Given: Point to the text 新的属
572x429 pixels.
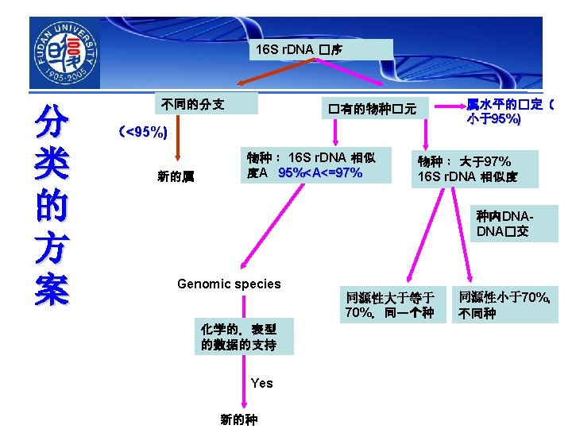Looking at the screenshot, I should pyautogui.click(x=176, y=176).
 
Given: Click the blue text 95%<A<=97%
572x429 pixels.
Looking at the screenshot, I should pyautogui.click(x=320, y=172).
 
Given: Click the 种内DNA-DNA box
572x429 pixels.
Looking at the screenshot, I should pyautogui.click(x=504, y=223).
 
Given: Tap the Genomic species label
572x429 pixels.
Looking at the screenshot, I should pyautogui.click(x=229, y=284).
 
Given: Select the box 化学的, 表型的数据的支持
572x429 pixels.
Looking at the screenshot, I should pyautogui.click(x=238, y=337).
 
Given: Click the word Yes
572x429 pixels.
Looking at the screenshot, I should pyautogui.click(x=261, y=383).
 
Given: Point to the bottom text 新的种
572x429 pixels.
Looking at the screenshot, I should pyautogui.click(x=238, y=419).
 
